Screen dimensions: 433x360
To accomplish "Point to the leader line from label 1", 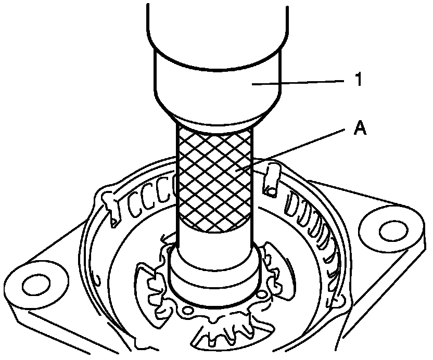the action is point(302,82).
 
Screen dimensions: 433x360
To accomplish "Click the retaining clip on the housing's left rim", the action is point(110,208).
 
